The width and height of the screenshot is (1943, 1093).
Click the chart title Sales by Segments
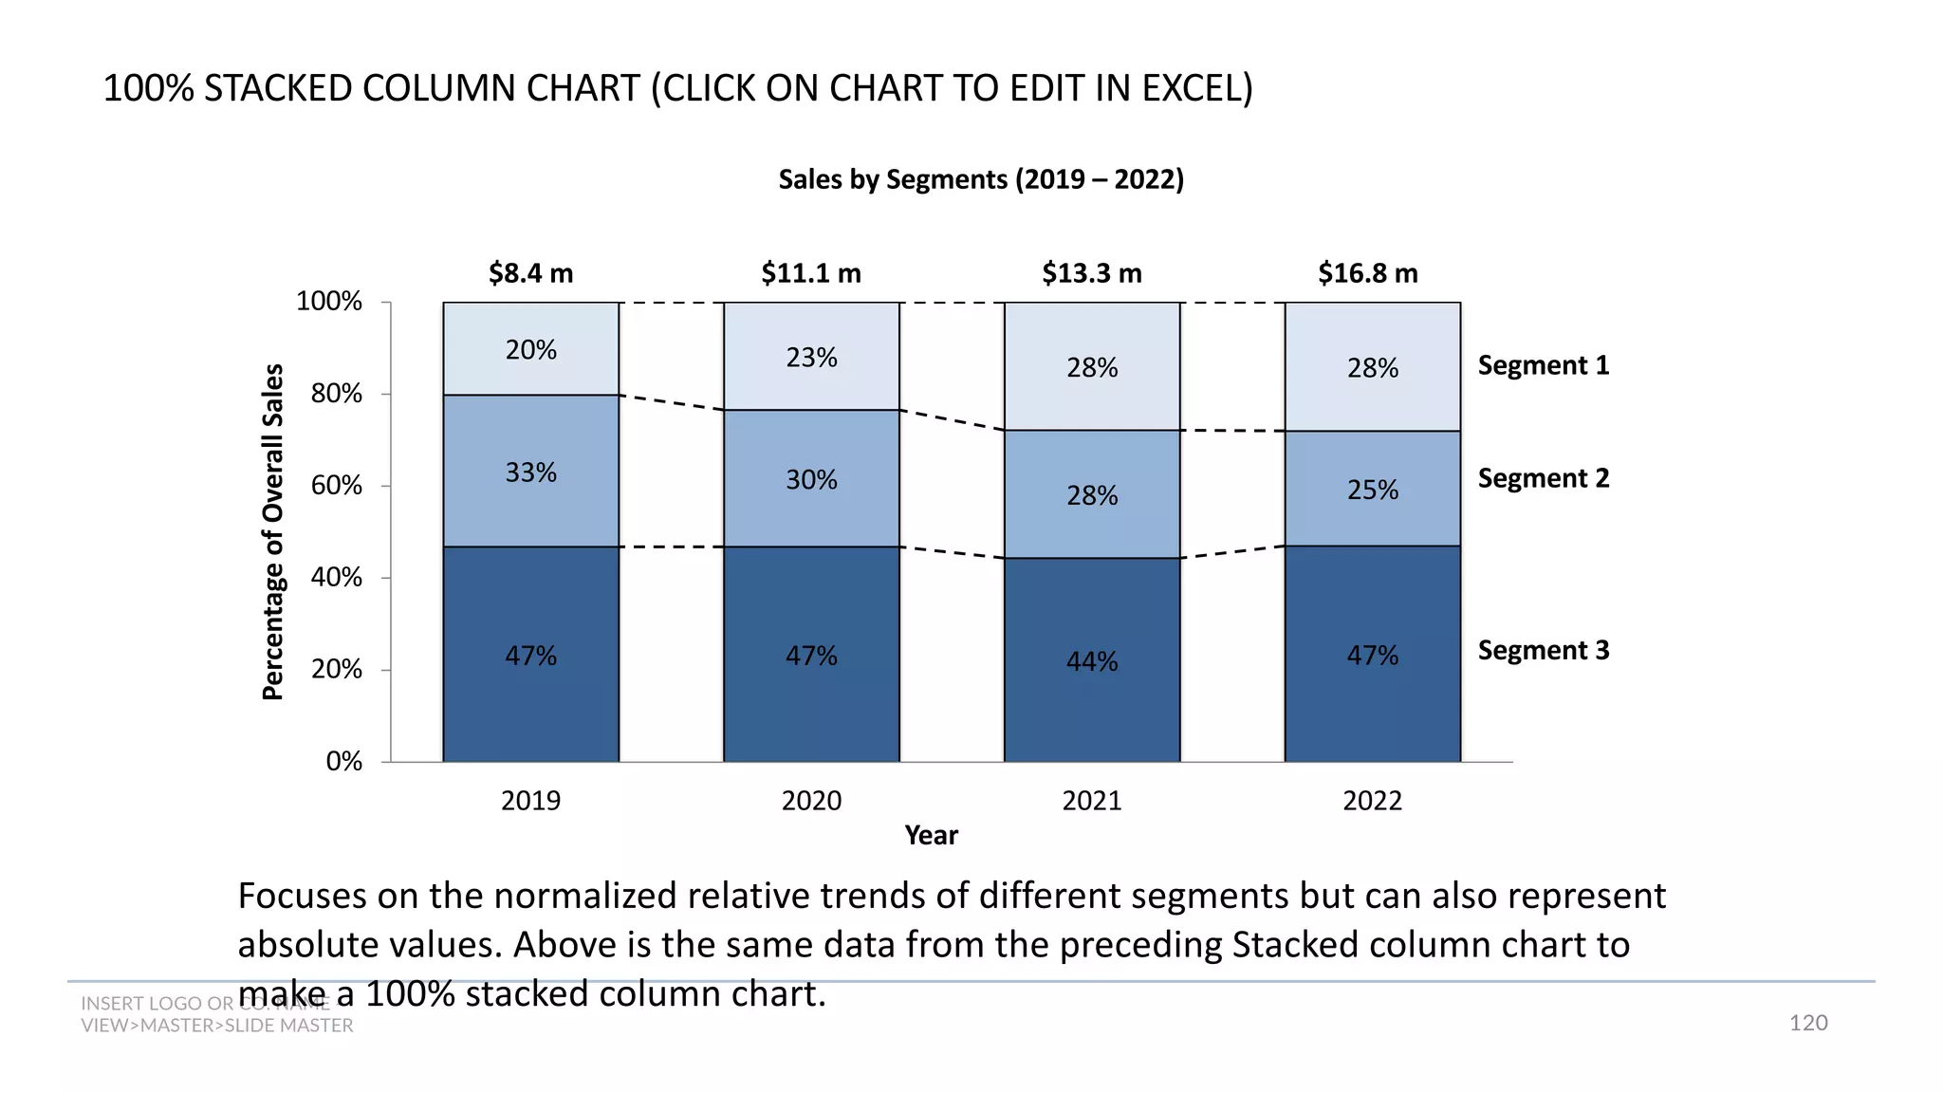pos(981,179)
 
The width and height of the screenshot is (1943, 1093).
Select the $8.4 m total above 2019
pos(530,273)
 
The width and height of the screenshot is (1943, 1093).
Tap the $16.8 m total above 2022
pos(1367,273)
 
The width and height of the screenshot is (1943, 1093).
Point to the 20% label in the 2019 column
pos(530,350)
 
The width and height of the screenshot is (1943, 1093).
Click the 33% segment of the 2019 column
pos(530,472)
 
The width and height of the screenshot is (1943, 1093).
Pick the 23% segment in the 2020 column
pos(811,358)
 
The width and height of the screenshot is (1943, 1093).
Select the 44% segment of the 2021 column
pos(1092,661)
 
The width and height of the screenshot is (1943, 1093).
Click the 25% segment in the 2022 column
pos(1373,490)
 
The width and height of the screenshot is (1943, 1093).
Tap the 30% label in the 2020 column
pos(811,480)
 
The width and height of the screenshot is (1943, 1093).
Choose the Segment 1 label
pos(1544,365)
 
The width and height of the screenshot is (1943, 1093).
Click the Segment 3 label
pos(1544,650)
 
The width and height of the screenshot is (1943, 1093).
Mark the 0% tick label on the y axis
pos(343,762)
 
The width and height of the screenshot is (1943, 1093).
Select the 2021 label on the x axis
pos(1092,801)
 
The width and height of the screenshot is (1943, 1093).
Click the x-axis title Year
pos(931,835)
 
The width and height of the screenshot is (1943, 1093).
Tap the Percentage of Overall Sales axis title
pos(272,532)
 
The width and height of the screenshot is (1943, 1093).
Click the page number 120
pos(1807,1023)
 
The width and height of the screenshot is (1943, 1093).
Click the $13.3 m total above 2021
pos(1092,273)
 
